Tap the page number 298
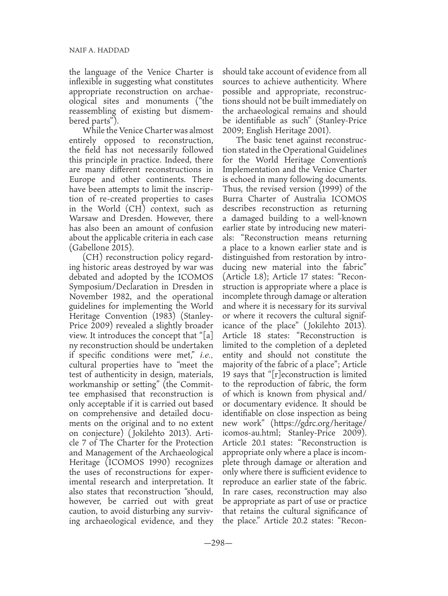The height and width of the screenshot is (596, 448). pos(224,543)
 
